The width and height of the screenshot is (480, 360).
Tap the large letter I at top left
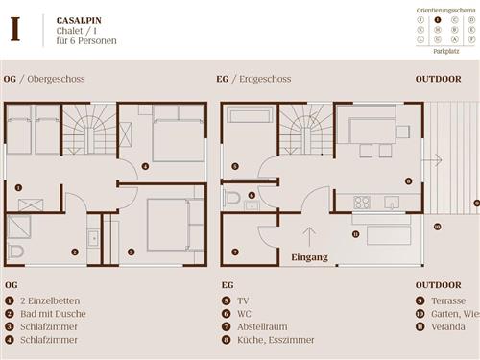click(x=14, y=29)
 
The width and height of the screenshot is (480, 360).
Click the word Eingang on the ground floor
click(x=310, y=257)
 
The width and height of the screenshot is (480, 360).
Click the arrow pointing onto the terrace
click(x=436, y=159)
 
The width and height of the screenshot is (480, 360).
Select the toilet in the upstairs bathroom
click(x=15, y=252)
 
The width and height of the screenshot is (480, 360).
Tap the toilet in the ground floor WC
click(x=231, y=198)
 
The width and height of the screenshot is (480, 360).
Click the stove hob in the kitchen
click(x=363, y=202)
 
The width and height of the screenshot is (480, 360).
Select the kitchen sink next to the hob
click(x=391, y=202)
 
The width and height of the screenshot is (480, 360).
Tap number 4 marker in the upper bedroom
click(x=145, y=166)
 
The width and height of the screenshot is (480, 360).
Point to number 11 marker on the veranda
click(x=355, y=234)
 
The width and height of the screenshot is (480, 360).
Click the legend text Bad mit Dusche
click(x=59, y=313)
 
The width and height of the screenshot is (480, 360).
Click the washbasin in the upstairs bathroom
click(x=92, y=238)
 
